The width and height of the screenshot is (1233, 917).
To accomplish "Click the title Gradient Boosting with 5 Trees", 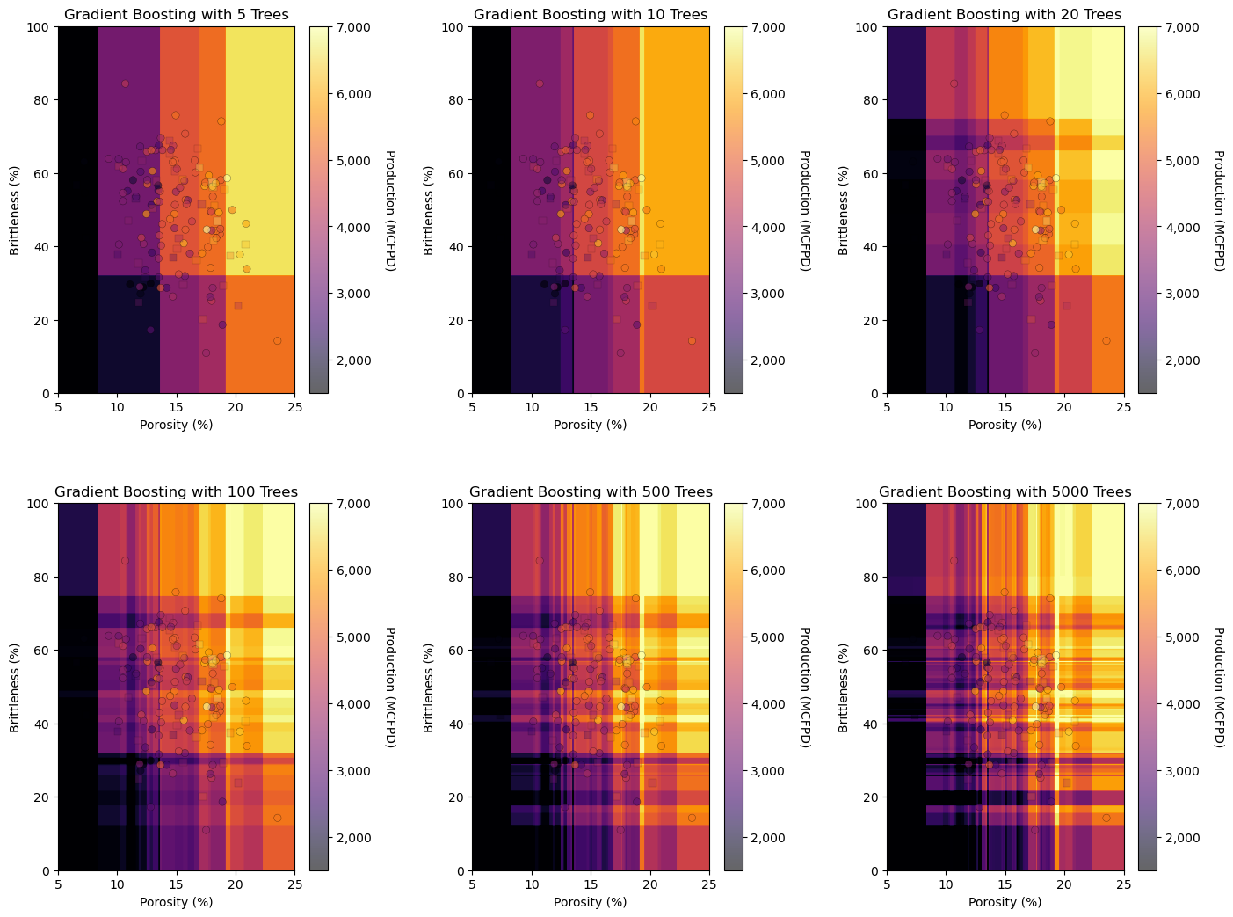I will [x=176, y=15].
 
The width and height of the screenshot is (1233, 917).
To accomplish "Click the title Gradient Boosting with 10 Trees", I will [x=591, y=15].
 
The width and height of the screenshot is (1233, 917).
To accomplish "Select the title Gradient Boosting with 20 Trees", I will [x=1005, y=15].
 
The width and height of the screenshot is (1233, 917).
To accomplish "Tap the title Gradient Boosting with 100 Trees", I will [x=176, y=492].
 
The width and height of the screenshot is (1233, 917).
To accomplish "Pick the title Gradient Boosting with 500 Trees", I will [x=591, y=492].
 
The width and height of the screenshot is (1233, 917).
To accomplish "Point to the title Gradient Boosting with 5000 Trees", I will [x=1005, y=492].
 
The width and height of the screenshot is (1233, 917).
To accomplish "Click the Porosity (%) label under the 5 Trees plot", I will [x=176, y=426].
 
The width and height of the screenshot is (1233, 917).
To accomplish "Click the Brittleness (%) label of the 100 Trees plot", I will [x=15, y=687].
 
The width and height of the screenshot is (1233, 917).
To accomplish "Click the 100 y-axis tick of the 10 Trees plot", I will [x=455, y=27].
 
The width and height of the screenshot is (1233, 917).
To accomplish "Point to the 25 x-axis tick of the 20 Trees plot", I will [x=1123, y=406].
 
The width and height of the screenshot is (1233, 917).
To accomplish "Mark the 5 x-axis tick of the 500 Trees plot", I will [x=472, y=884].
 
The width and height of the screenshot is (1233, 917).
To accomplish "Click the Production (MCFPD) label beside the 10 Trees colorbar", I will [x=804, y=210].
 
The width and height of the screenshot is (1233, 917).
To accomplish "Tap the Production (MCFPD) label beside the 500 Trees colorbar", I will [x=804, y=687].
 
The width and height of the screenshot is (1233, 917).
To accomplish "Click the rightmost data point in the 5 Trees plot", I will [x=277, y=340].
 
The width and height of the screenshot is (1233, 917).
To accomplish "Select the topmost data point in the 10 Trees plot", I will [x=540, y=84].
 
